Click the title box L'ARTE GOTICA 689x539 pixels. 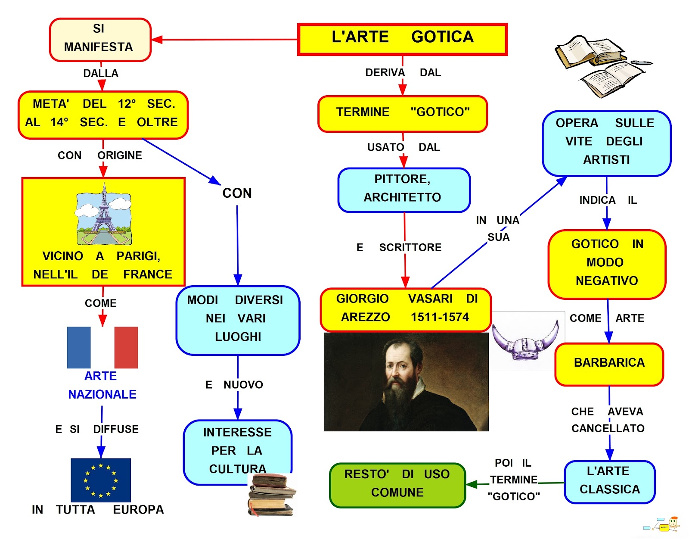[402, 39]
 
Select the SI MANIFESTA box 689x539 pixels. [100, 39]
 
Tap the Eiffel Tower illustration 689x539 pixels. [103, 214]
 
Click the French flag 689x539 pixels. [102, 347]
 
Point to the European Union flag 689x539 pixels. [101, 480]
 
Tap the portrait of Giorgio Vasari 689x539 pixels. [406, 382]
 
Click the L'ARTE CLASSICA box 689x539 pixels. [609, 482]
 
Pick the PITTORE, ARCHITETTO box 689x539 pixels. [403, 190]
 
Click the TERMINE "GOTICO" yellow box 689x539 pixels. [402, 113]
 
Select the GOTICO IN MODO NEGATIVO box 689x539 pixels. [606, 264]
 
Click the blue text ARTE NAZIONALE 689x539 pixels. [102, 385]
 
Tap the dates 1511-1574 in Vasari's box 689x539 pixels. [439, 318]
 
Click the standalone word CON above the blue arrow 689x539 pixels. [237, 193]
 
